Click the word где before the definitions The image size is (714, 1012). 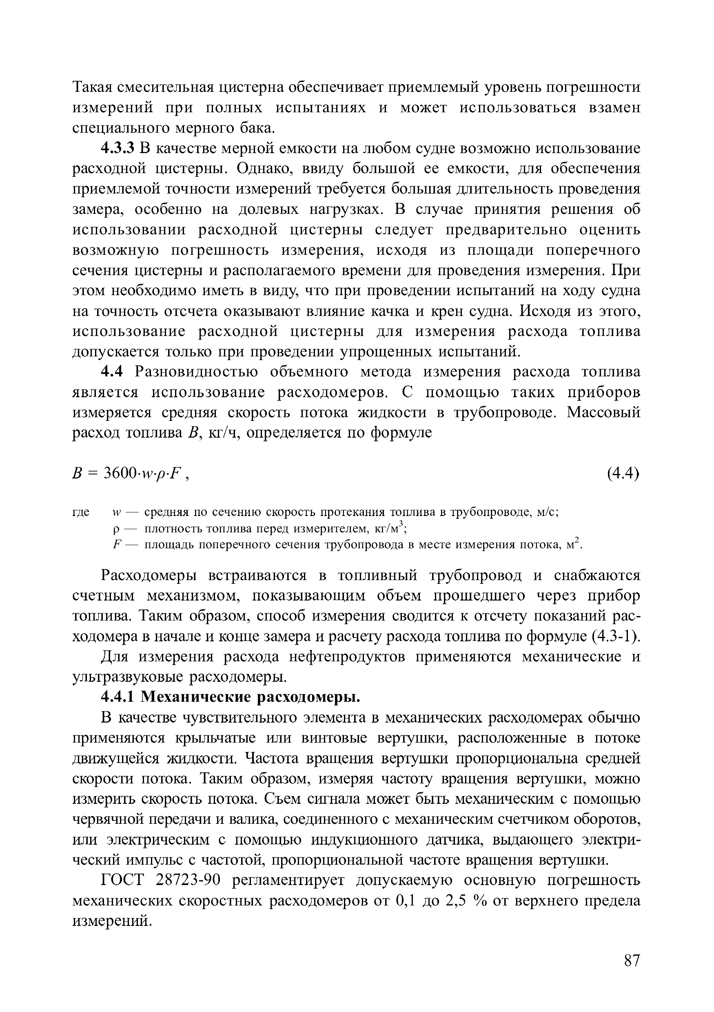(x=81, y=513)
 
